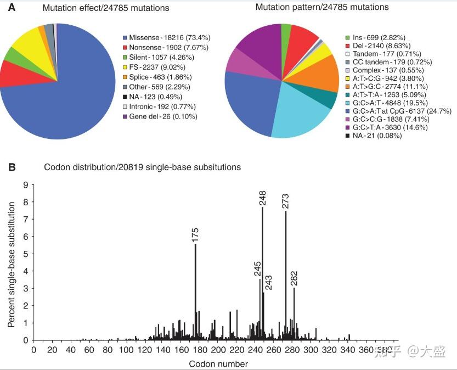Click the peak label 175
(195, 234)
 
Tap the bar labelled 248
(262, 274)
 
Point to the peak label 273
(285, 200)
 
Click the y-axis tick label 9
(25, 185)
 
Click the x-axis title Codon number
(218, 363)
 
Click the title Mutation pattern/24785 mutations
(322, 7)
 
